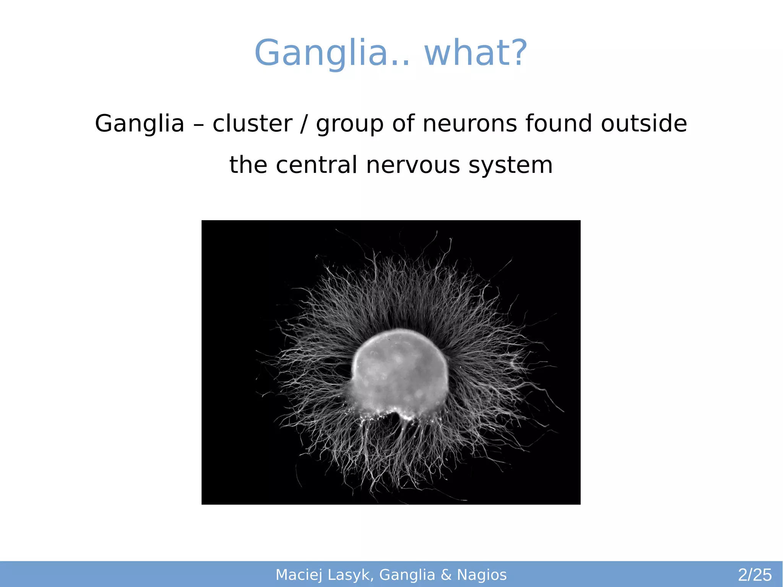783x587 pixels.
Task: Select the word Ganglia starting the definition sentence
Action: click(x=140, y=124)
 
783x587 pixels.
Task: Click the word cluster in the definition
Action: click(x=252, y=124)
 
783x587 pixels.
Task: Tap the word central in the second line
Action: click(x=317, y=165)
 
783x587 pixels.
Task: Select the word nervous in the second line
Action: click(x=413, y=165)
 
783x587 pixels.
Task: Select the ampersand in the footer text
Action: click(x=446, y=575)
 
